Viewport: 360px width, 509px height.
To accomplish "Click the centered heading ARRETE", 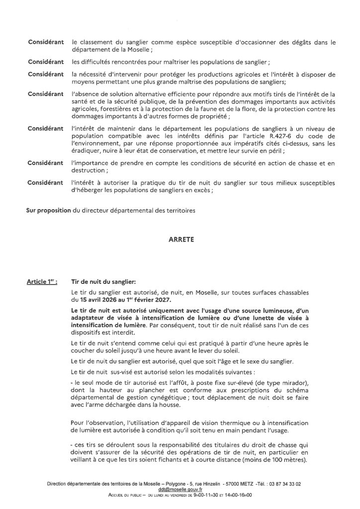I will (180, 239).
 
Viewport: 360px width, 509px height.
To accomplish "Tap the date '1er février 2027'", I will (151, 300).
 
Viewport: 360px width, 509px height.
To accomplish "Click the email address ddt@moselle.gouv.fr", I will (180, 490).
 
